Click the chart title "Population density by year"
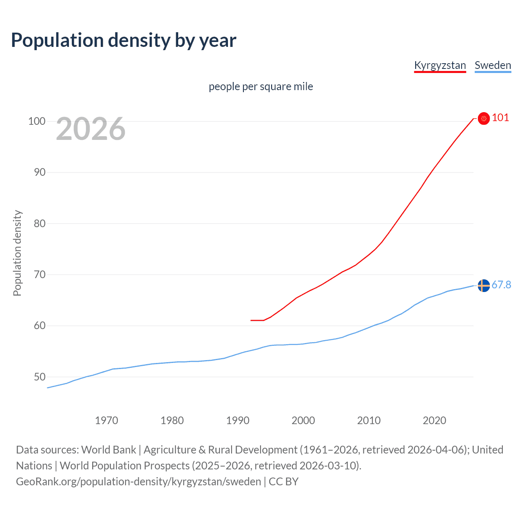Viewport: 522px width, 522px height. tap(124, 40)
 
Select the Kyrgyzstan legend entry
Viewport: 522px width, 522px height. tap(440, 65)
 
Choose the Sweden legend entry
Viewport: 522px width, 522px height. tap(493, 65)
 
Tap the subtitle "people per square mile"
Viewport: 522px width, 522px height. tap(261, 87)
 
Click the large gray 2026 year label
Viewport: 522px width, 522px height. tap(91, 129)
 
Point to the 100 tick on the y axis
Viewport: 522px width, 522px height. tap(37, 121)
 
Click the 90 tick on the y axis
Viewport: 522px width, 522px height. tap(40, 172)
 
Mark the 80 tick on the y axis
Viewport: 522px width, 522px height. tap(40, 223)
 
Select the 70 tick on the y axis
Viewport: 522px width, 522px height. tap(40, 274)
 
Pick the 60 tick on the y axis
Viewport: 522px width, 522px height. tap(40, 325)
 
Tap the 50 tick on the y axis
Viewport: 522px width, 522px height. tap(40, 377)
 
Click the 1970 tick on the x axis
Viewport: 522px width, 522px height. tap(106, 420)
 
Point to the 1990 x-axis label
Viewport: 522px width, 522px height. tap(238, 420)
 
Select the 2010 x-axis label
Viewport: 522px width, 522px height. tap(369, 420)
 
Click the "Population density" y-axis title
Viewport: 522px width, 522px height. tap(17, 253)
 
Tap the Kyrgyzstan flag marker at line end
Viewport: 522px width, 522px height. tap(484, 118)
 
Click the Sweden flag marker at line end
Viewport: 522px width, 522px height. tap(484, 285)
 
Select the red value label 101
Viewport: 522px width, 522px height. tap(500, 118)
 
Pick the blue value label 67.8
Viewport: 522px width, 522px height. tap(501, 285)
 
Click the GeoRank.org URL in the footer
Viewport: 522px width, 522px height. tap(138, 482)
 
